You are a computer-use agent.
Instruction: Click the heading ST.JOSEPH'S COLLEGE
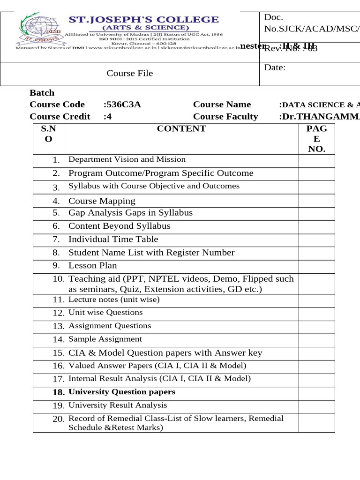click(x=144, y=20)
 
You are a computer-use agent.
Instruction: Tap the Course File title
click(x=130, y=73)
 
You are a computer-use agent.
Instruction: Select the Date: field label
click(x=275, y=67)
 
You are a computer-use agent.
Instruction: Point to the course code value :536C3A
click(x=122, y=105)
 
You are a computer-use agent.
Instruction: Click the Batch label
click(x=42, y=93)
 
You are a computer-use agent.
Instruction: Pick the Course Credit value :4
click(x=107, y=116)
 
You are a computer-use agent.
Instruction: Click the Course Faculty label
click(x=225, y=116)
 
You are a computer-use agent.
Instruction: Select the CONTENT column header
click(x=181, y=129)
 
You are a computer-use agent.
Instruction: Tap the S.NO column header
click(x=48, y=134)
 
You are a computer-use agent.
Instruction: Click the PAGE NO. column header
click(x=316, y=139)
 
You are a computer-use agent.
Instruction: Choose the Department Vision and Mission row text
click(x=127, y=159)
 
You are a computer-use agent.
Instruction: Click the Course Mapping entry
click(x=102, y=201)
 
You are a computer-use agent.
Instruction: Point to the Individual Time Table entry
click(x=113, y=239)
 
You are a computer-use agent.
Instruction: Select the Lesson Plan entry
click(x=92, y=265)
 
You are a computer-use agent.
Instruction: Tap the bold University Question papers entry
click(x=122, y=392)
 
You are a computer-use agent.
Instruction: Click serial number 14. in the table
click(x=58, y=340)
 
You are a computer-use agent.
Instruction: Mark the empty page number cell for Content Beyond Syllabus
click(x=316, y=226)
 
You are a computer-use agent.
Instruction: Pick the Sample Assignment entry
click(x=105, y=339)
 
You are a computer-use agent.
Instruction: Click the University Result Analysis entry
click(x=118, y=405)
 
